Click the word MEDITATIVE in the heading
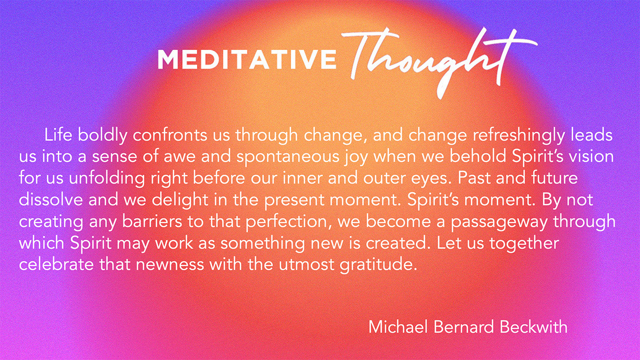click(x=247, y=59)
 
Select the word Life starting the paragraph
click(x=58, y=135)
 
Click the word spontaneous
click(x=287, y=157)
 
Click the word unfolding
click(x=106, y=179)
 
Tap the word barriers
click(x=152, y=220)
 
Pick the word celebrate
click(x=56, y=263)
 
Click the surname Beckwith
click(x=533, y=326)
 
